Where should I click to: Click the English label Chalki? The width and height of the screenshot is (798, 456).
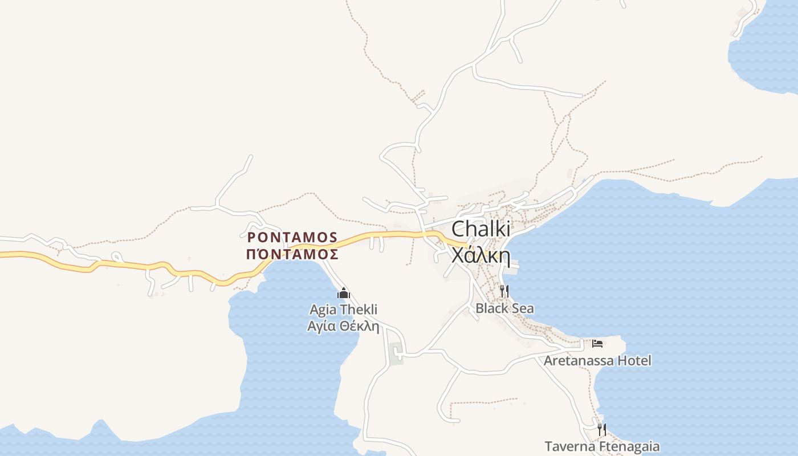point(481,229)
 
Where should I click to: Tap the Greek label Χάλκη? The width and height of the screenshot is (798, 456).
point(481,255)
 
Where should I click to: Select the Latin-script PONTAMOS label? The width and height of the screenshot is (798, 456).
point(292,237)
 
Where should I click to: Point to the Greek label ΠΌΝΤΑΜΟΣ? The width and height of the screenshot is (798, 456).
point(292,254)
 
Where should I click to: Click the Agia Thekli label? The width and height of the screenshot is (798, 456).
point(343,310)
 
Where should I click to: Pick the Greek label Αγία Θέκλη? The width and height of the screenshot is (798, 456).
point(343,326)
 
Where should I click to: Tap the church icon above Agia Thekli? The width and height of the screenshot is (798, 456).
point(343,294)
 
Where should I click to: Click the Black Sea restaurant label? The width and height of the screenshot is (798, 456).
point(505,309)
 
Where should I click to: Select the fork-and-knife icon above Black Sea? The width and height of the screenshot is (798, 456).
point(504,291)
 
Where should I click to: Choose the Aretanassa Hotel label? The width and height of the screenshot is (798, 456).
point(597,361)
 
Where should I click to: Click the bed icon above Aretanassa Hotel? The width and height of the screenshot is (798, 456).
point(597,343)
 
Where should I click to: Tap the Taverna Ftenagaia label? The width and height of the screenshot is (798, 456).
point(602,446)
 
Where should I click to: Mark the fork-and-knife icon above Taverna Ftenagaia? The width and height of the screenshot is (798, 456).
point(602,429)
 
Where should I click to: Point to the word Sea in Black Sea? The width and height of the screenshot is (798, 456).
point(523,309)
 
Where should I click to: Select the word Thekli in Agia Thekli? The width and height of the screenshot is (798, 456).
point(359,310)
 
